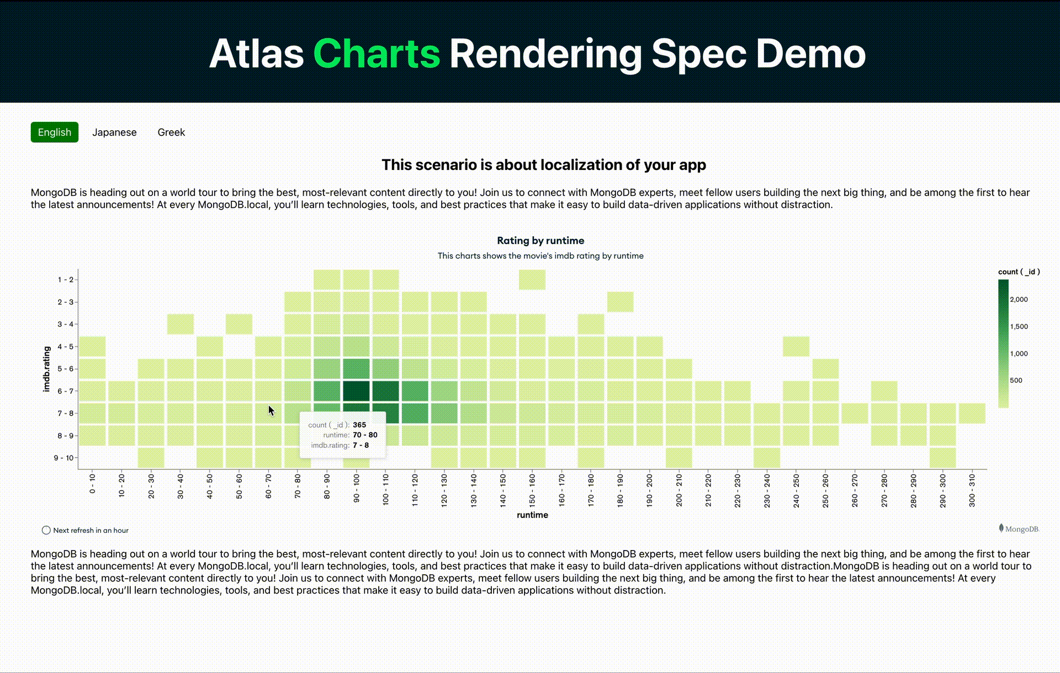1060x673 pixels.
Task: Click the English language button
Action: [54, 132]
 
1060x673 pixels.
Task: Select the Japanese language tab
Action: [114, 132]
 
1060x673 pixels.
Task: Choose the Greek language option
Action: [171, 132]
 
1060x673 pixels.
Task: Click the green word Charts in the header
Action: [377, 54]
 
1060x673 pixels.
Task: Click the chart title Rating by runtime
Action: [540, 241]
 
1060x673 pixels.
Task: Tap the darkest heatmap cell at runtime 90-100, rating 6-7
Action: [356, 391]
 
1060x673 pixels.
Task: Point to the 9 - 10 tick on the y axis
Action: [63, 458]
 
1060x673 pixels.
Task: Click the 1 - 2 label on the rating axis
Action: [65, 280]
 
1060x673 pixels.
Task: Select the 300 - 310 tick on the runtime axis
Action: [972, 490]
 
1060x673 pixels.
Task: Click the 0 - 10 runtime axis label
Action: [92, 483]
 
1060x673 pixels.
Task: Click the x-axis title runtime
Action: [532, 515]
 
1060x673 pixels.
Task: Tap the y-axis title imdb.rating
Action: [47, 369]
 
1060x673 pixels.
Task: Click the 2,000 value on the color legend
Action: [1019, 300]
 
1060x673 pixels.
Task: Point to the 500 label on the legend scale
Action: [1016, 381]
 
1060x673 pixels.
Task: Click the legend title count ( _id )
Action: [1019, 271]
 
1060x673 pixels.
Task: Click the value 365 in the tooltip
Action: [359, 425]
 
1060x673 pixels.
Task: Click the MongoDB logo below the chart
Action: [1019, 528]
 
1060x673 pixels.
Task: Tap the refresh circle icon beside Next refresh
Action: [46, 530]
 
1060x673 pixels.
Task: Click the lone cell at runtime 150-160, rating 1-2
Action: [532, 280]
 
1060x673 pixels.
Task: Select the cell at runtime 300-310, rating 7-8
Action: [972, 413]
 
